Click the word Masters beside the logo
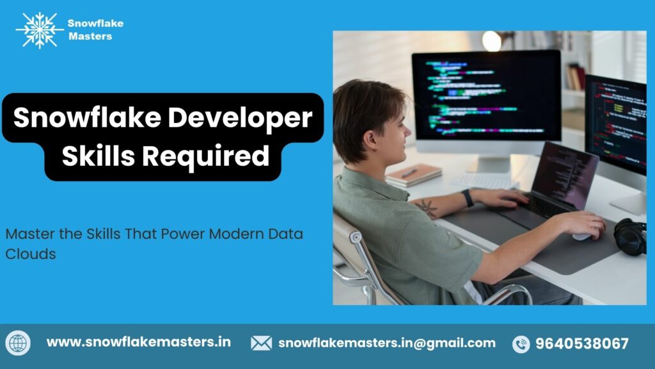[x=90, y=37]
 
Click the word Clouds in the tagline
[x=31, y=254]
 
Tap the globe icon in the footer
[x=18, y=343]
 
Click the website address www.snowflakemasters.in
[x=139, y=342]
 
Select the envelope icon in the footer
[x=261, y=343]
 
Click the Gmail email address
[x=387, y=343]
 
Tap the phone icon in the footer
[x=521, y=344]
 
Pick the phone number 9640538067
[x=582, y=343]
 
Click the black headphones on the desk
[x=629, y=235]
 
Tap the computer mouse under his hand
[x=581, y=236]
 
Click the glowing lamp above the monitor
[x=492, y=41]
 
